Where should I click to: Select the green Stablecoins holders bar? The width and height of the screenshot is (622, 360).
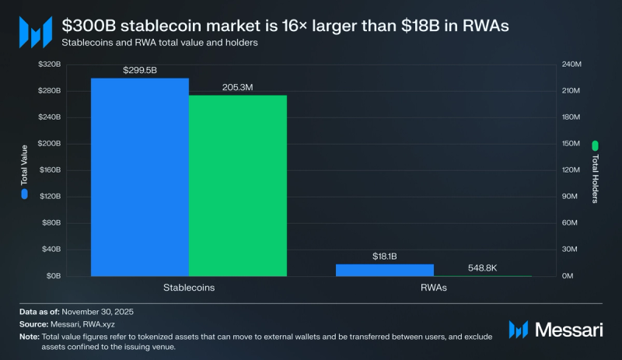click(x=238, y=186)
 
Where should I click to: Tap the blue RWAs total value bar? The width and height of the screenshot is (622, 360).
click(x=385, y=270)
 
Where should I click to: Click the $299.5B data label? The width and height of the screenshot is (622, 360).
click(x=140, y=70)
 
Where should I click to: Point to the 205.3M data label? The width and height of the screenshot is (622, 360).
click(x=238, y=88)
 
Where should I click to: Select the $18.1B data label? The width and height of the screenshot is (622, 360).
click(x=385, y=256)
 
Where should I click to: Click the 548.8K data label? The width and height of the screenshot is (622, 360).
click(x=483, y=267)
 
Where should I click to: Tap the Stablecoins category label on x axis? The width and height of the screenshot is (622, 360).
click(x=189, y=287)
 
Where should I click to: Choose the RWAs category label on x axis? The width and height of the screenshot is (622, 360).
click(x=434, y=287)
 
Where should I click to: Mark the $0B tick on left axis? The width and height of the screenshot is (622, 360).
click(x=52, y=276)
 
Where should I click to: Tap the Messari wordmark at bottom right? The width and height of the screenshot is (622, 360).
click(x=568, y=330)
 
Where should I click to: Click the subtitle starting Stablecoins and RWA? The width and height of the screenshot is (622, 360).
click(x=159, y=43)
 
